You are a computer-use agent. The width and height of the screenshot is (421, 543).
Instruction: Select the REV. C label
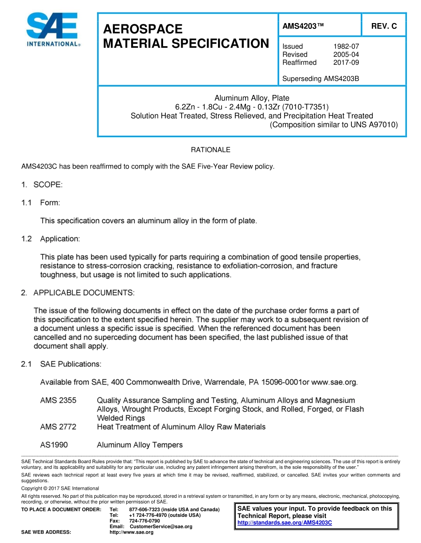pos(384,26)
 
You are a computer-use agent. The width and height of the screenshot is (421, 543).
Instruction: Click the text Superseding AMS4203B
pos(320,79)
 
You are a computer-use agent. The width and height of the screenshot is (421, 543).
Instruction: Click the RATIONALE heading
pos(210,150)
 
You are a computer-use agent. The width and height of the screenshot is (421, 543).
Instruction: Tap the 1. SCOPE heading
pos(42,185)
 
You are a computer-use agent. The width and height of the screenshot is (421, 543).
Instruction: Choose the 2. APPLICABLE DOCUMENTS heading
pos(77,293)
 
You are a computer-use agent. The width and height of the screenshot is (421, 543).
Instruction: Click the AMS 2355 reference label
pos(58,400)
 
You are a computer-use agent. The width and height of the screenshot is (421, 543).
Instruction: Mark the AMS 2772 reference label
pos(58,427)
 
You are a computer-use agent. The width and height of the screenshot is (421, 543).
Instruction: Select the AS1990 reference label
pos(54,445)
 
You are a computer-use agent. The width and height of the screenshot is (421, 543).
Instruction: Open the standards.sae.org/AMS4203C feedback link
pos(285,523)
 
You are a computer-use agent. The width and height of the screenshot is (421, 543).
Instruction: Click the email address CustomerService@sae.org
pos(161,526)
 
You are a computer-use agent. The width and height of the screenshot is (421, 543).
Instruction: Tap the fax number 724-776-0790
pos(144,520)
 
